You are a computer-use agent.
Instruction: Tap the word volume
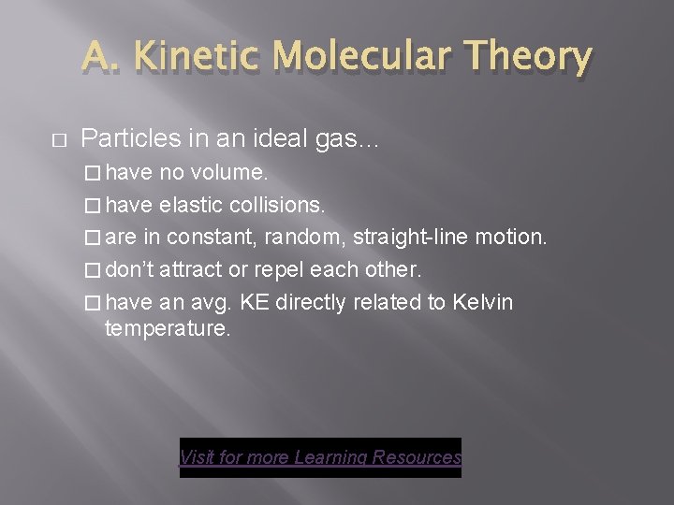[x=230, y=173]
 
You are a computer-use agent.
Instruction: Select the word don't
[x=130, y=270]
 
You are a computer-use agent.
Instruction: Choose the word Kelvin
[x=482, y=303]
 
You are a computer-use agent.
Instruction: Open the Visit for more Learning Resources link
[x=320, y=457]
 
